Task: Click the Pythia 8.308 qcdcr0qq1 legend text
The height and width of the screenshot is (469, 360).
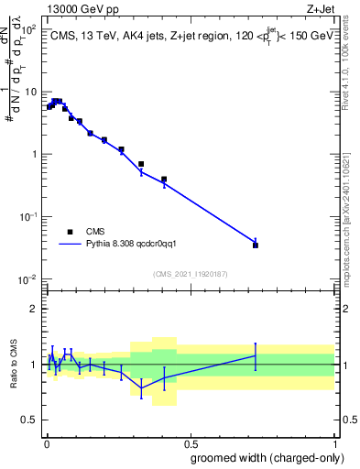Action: (x=138, y=245)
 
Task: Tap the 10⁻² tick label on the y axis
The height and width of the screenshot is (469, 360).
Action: (x=28, y=278)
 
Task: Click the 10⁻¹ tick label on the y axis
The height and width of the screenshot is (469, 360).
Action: (x=28, y=216)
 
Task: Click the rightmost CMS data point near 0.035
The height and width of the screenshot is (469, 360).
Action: (x=256, y=245)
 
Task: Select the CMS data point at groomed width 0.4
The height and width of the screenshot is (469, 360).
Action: (x=164, y=180)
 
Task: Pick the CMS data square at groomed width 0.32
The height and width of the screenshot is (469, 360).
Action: (x=141, y=164)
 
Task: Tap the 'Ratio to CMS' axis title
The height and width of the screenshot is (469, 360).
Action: (x=14, y=365)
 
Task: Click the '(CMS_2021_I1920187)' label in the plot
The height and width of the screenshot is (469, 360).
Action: (x=190, y=274)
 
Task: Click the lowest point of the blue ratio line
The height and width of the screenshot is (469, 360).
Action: (x=141, y=387)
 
